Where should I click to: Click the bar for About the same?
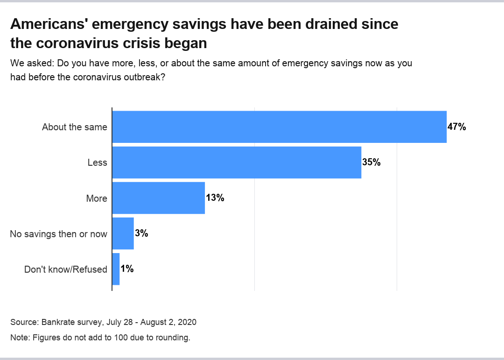tap(279, 127)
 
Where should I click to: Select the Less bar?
tap(237, 162)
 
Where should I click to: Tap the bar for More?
tap(159, 198)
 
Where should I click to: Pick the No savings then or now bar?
tap(123, 233)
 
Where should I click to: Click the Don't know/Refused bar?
tap(116, 269)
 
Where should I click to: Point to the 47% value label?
tap(457, 127)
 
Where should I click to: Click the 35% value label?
tap(371, 162)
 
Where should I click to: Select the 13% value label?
tap(215, 198)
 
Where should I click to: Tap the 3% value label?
tap(141, 233)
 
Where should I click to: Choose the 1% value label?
tap(127, 269)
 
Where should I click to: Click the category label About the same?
tap(75, 127)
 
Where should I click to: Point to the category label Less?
tap(97, 162)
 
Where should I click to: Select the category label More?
tap(97, 198)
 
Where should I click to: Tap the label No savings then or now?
tap(58, 234)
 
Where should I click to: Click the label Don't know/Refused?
tap(65, 269)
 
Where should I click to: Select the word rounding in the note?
tap(173, 338)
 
